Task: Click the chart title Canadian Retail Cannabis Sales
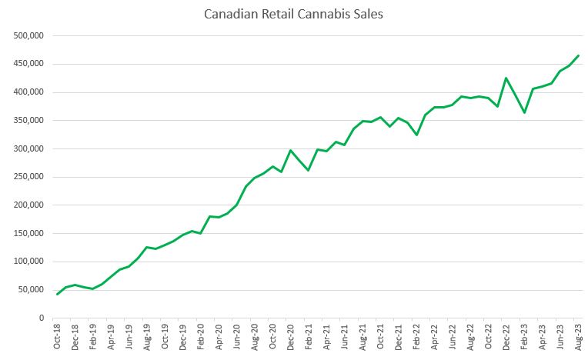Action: (293, 15)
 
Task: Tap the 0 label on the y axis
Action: (41, 318)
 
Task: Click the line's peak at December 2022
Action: (506, 78)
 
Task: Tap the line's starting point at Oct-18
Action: (58, 294)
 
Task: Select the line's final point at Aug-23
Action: (579, 55)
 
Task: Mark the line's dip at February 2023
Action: (524, 113)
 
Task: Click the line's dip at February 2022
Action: (416, 135)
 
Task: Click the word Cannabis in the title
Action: (324, 15)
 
